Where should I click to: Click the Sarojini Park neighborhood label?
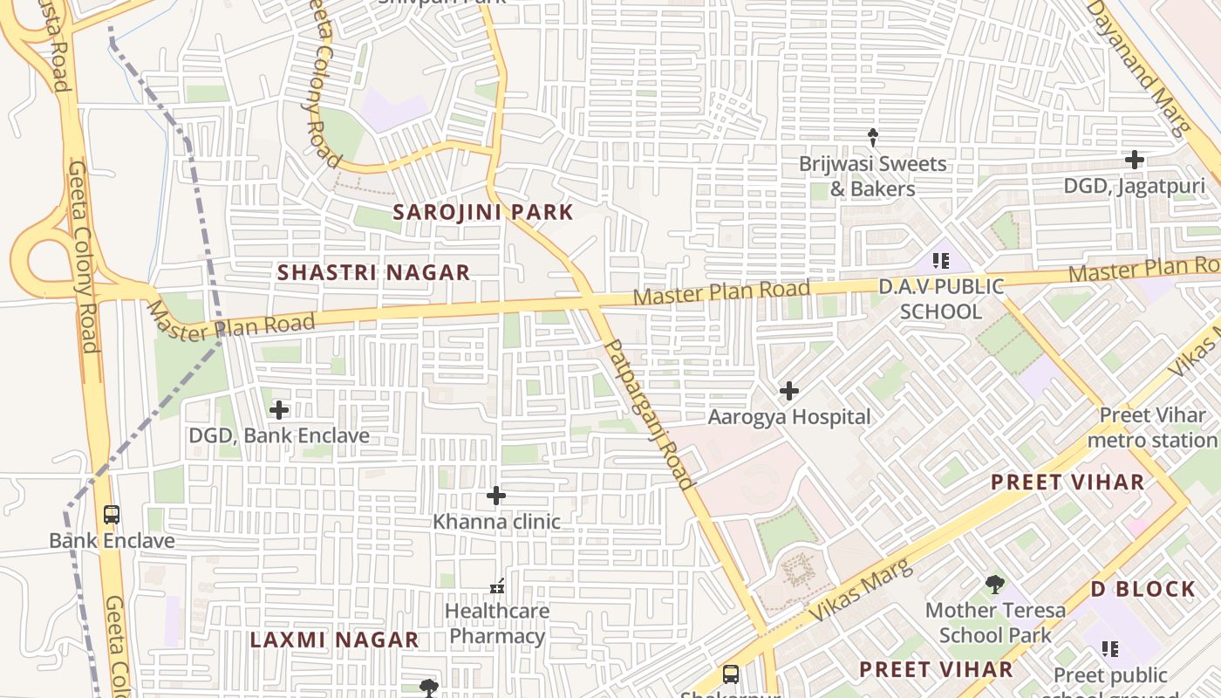click(x=482, y=212)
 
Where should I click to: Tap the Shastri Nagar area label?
click(x=373, y=272)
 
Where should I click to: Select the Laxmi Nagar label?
click(x=334, y=640)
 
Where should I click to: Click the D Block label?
click(x=1143, y=589)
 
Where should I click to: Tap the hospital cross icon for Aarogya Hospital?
click(x=789, y=391)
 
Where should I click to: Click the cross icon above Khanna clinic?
click(x=495, y=496)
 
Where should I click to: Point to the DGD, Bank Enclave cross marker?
click(x=279, y=409)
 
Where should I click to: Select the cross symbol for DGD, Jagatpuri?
click(x=1134, y=160)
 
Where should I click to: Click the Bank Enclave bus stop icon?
click(x=111, y=515)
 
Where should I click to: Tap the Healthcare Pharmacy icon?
click(x=497, y=585)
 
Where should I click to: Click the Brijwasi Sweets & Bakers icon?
click(x=872, y=137)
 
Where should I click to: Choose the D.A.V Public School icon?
click(x=940, y=260)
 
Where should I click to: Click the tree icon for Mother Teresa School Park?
click(x=994, y=585)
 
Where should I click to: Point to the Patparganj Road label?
click(x=650, y=414)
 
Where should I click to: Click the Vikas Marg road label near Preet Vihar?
click(x=861, y=591)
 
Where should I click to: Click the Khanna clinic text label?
click(x=496, y=522)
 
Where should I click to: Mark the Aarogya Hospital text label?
click(x=789, y=417)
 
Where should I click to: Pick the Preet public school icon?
click(x=1109, y=648)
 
